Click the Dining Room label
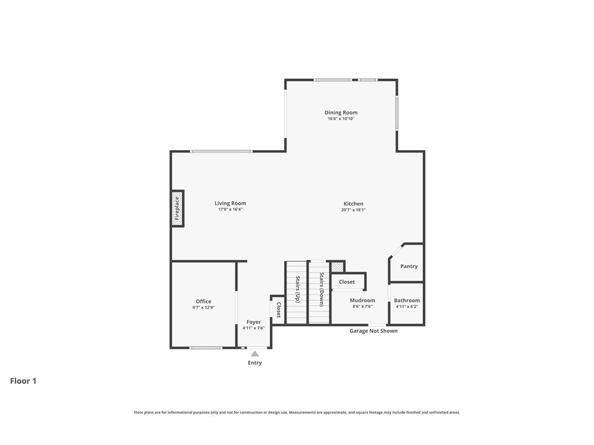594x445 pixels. [341, 112]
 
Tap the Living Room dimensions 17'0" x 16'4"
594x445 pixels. [230, 209]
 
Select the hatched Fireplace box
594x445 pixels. [178, 209]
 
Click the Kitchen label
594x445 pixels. [353, 203]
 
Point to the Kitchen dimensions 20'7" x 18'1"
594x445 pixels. [353, 210]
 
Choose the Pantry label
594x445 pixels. [409, 267]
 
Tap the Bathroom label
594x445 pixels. [407, 301]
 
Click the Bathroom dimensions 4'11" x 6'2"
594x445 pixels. [407, 307]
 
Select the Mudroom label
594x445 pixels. [363, 301]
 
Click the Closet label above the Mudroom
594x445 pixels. [347, 282]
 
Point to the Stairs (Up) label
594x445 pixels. [298, 289]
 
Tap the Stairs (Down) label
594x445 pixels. [321, 290]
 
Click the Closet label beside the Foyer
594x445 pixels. [278, 310]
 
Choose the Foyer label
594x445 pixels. [254, 322]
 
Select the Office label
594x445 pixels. [204, 301]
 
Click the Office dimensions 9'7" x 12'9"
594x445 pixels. [204, 308]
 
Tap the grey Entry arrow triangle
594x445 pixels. [255, 354]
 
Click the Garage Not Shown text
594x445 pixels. [374, 331]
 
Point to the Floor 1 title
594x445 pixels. [23, 381]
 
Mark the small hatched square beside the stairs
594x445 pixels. [336, 267]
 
